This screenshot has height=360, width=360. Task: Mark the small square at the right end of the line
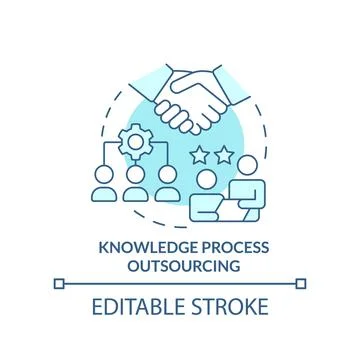point(303,285)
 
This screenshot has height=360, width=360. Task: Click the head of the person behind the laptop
point(205,179)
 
